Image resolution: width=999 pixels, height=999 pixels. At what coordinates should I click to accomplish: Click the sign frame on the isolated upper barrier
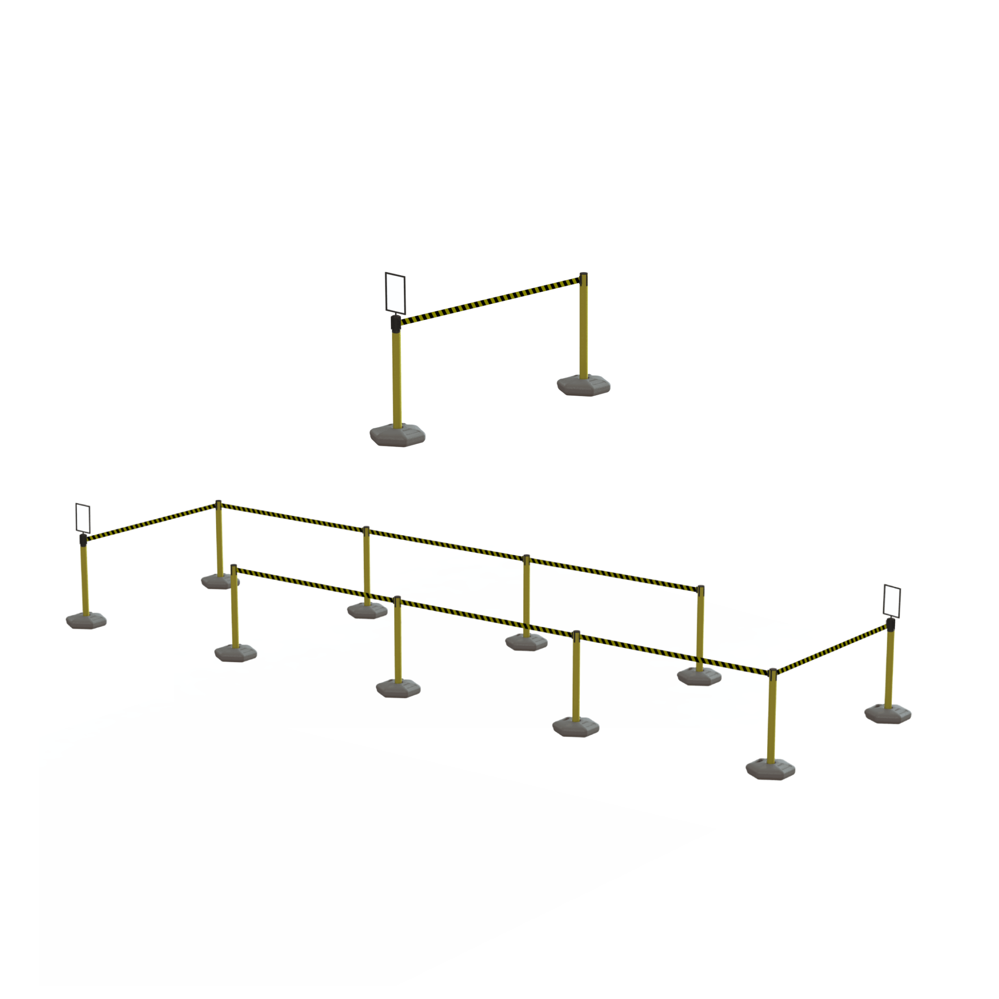click(395, 293)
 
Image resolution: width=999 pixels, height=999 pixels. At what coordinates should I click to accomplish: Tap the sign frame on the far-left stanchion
click(83, 518)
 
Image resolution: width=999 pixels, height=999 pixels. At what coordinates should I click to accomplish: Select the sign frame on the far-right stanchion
click(892, 601)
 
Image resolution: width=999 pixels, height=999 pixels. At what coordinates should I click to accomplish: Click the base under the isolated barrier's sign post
click(397, 436)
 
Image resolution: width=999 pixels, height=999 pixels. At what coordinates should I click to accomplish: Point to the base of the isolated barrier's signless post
click(583, 386)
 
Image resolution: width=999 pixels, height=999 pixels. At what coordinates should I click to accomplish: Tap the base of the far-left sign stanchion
click(86, 620)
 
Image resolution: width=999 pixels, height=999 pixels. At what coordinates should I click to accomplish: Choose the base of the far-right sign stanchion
click(887, 714)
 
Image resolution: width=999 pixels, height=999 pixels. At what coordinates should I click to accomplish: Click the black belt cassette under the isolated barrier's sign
click(395, 323)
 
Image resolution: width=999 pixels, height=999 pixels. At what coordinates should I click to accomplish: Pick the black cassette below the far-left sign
click(83, 540)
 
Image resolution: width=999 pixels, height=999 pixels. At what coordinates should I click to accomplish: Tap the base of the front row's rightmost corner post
click(770, 769)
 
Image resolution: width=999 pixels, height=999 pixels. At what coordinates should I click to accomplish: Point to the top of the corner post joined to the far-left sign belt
click(218, 502)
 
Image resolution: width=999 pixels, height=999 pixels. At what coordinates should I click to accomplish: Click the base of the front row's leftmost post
click(235, 653)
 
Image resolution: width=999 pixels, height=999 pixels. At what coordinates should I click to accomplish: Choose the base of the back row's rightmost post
click(699, 676)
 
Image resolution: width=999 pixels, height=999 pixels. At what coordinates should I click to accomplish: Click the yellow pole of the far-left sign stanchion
click(85, 579)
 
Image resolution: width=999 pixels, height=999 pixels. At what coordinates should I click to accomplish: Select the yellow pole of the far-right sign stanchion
click(889, 667)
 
